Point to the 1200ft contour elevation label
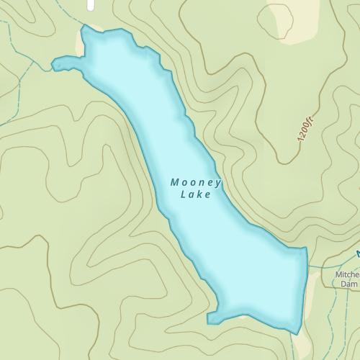305,130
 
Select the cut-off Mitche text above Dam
347,274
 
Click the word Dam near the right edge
348,284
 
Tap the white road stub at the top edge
90,5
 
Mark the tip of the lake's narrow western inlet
54,65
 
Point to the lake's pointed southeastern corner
296,333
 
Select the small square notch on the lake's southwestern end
210,318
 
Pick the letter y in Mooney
217,184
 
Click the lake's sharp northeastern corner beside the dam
306,248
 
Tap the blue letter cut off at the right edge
358,253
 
